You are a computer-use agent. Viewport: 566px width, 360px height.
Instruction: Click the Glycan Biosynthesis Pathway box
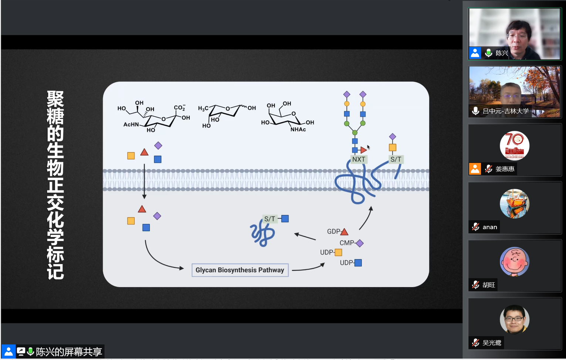pos(240,270)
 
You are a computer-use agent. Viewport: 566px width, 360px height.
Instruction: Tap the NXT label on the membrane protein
pos(358,159)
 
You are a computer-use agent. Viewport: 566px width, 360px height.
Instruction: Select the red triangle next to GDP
pos(344,232)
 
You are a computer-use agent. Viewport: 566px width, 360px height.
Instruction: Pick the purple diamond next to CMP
pos(360,243)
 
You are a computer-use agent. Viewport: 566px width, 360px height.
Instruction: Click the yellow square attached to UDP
pos(338,252)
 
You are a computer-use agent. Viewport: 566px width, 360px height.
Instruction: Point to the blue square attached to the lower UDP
pos(358,263)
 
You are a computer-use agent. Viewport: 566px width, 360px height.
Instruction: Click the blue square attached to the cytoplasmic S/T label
pos(285,219)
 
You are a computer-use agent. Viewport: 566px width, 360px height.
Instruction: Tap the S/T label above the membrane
pos(395,159)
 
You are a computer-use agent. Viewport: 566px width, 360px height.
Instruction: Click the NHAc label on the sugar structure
pos(298,129)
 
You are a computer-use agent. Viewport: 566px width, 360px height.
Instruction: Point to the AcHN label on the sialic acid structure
pos(131,125)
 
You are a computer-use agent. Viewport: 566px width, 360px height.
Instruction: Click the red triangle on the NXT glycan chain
pos(364,150)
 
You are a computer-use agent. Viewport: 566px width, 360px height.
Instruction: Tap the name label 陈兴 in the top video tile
pos(502,53)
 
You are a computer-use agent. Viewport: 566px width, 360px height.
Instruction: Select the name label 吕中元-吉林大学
pos(505,111)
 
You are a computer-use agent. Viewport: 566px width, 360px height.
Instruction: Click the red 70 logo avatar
pos(514,146)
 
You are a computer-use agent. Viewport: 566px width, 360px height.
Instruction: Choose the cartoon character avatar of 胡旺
pos(514,261)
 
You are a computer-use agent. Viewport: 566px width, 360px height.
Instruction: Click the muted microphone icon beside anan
pos(476,227)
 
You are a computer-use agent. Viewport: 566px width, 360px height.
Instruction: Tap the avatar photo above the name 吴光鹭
pos(514,319)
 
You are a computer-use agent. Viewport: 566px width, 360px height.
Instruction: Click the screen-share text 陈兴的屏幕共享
pos(69,351)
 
